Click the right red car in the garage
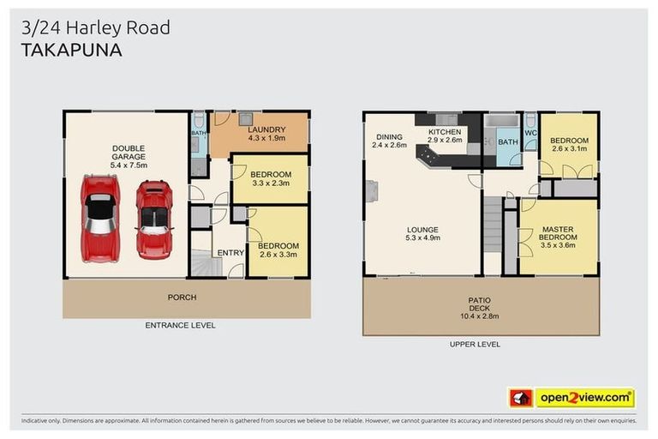click(x=154, y=219)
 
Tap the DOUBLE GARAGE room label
click(x=128, y=153)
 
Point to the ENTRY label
click(x=230, y=252)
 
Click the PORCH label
click(x=182, y=298)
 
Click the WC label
click(x=530, y=134)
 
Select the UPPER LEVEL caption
click(x=475, y=344)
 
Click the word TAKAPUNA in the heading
click(x=71, y=50)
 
